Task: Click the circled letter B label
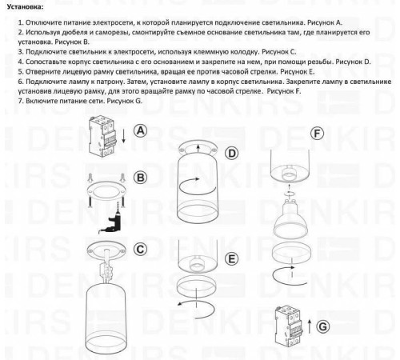pyautogui.click(x=139, y=177)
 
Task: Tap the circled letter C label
pyautogui.click(x=139, y=249)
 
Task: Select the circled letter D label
pyautogui.click(x=232, y=153)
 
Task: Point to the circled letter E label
pyautogui.click(x=232, y=258)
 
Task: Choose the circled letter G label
pyautogui.click(x=322, y=326)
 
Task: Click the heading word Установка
pyautogui.click(x=22, y=6)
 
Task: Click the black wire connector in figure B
pyautogui.click(x=117, y=216)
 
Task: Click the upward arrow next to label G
pyautogui.click(x=307, y=325)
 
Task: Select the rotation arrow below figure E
pyautogui.click(x=196, y=310)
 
